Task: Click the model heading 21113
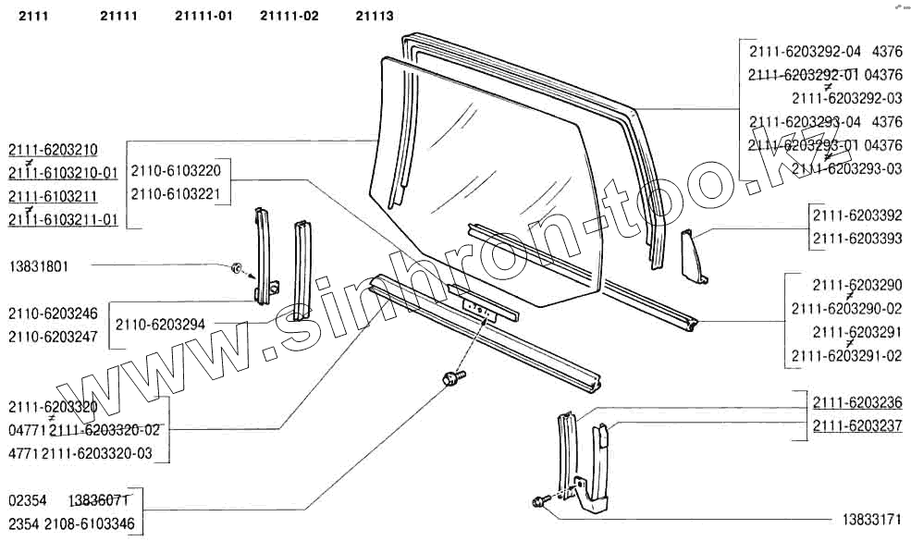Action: click(x=374, y=16)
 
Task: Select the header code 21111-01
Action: click(x=203, y=16)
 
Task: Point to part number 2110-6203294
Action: click(x=161, y=324)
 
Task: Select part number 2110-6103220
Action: click(x=176, y=171)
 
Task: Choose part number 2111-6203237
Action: click(x=857, y=426)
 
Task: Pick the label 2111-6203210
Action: click(x=54, y=150)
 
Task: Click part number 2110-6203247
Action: click(x=53, y=337)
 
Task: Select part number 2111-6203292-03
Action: click(x=846, y=97)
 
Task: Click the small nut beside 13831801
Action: click(x=236, y=268)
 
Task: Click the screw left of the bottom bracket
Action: click(x=539, y=502)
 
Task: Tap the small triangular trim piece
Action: click(x=693, y=256)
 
